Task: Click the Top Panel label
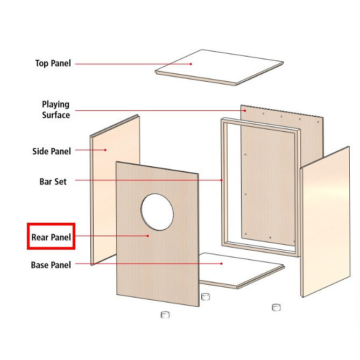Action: [x=53, y=63]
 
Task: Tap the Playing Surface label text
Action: [x=56, y=110]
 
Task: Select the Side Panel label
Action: [x=52, y=151]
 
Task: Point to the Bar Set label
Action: [x=53, y=181]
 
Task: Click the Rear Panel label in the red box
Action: [x=51, y=237]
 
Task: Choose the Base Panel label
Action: [x=51, y=265]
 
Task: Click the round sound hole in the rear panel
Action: [x=157, y=212]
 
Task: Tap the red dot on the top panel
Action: [x=191, y=64]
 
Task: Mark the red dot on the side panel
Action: [x=105, y=150]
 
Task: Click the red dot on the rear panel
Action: [x=148, y=236]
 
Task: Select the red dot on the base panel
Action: [x=221, y=264]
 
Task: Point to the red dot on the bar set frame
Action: [x=222, y=180]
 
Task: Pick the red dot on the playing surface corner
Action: [x=245, y=111]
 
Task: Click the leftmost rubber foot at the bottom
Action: [x=165, y=315]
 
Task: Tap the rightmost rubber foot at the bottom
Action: [x=276, y=307]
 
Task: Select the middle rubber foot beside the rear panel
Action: [x=206, y=297]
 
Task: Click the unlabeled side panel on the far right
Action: [x=325, y=222]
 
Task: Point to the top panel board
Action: [x=219, y=67]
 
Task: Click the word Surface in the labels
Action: [x=56, y=115]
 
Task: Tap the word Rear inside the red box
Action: [x=40, y=237]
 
